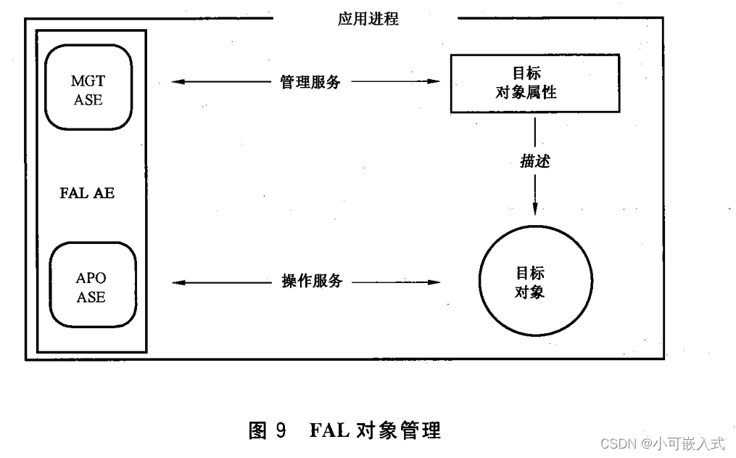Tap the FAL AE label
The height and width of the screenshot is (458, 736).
[87, 193]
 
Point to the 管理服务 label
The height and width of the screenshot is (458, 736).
[310, 81]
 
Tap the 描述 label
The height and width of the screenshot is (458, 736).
[535, 161]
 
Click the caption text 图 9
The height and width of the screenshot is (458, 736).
[268, 430]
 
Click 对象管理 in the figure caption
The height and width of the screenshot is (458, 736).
[399, 430]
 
